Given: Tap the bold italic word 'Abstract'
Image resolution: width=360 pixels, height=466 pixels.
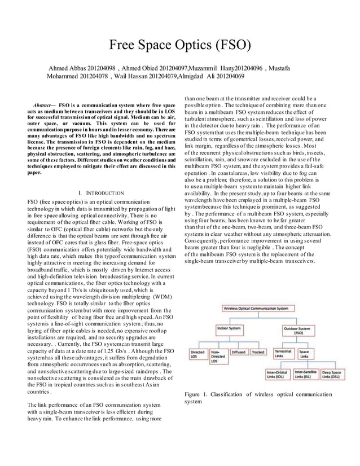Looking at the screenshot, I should pyautogui.click(x=42, y=105).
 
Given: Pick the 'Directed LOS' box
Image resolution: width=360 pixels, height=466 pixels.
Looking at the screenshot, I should pyautogui.click(x=198, y=355).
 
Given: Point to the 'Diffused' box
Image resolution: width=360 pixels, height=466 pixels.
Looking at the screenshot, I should pyautogui.click(x=239, y=352).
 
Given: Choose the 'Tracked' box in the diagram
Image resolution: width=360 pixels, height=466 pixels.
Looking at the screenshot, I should pyautogui.click(x=258, y=352).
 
